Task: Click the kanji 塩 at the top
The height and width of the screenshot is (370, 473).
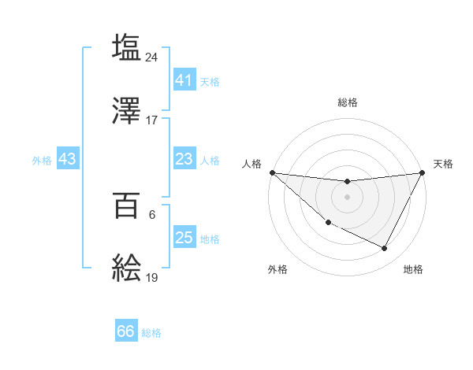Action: point(127,47)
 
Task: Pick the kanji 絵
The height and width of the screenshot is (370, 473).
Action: point(127,269)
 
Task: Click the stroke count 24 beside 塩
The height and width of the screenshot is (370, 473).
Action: point(152,57)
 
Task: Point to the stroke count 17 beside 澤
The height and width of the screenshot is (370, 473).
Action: point(152,120)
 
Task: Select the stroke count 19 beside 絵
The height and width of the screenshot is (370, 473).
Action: point(152,278)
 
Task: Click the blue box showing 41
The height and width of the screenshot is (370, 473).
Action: point(184,80)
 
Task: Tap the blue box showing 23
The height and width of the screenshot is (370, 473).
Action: point(184,159)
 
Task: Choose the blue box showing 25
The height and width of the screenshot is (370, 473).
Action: point(184,238)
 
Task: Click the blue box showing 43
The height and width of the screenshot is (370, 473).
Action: point(67,159)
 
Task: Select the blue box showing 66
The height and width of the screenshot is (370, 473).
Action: point(126,331)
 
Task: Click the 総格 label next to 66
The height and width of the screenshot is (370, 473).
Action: point(151,333)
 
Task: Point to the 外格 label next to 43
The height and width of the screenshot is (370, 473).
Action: point(42,160)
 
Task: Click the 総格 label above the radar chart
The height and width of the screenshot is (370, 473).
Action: point(347,102)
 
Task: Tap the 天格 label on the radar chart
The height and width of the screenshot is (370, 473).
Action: point(443,164)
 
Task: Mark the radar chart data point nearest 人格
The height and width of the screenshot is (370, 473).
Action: point(272,172)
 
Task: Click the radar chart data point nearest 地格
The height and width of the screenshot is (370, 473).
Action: point(385,249)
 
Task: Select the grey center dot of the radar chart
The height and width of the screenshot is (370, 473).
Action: point(347,197)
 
